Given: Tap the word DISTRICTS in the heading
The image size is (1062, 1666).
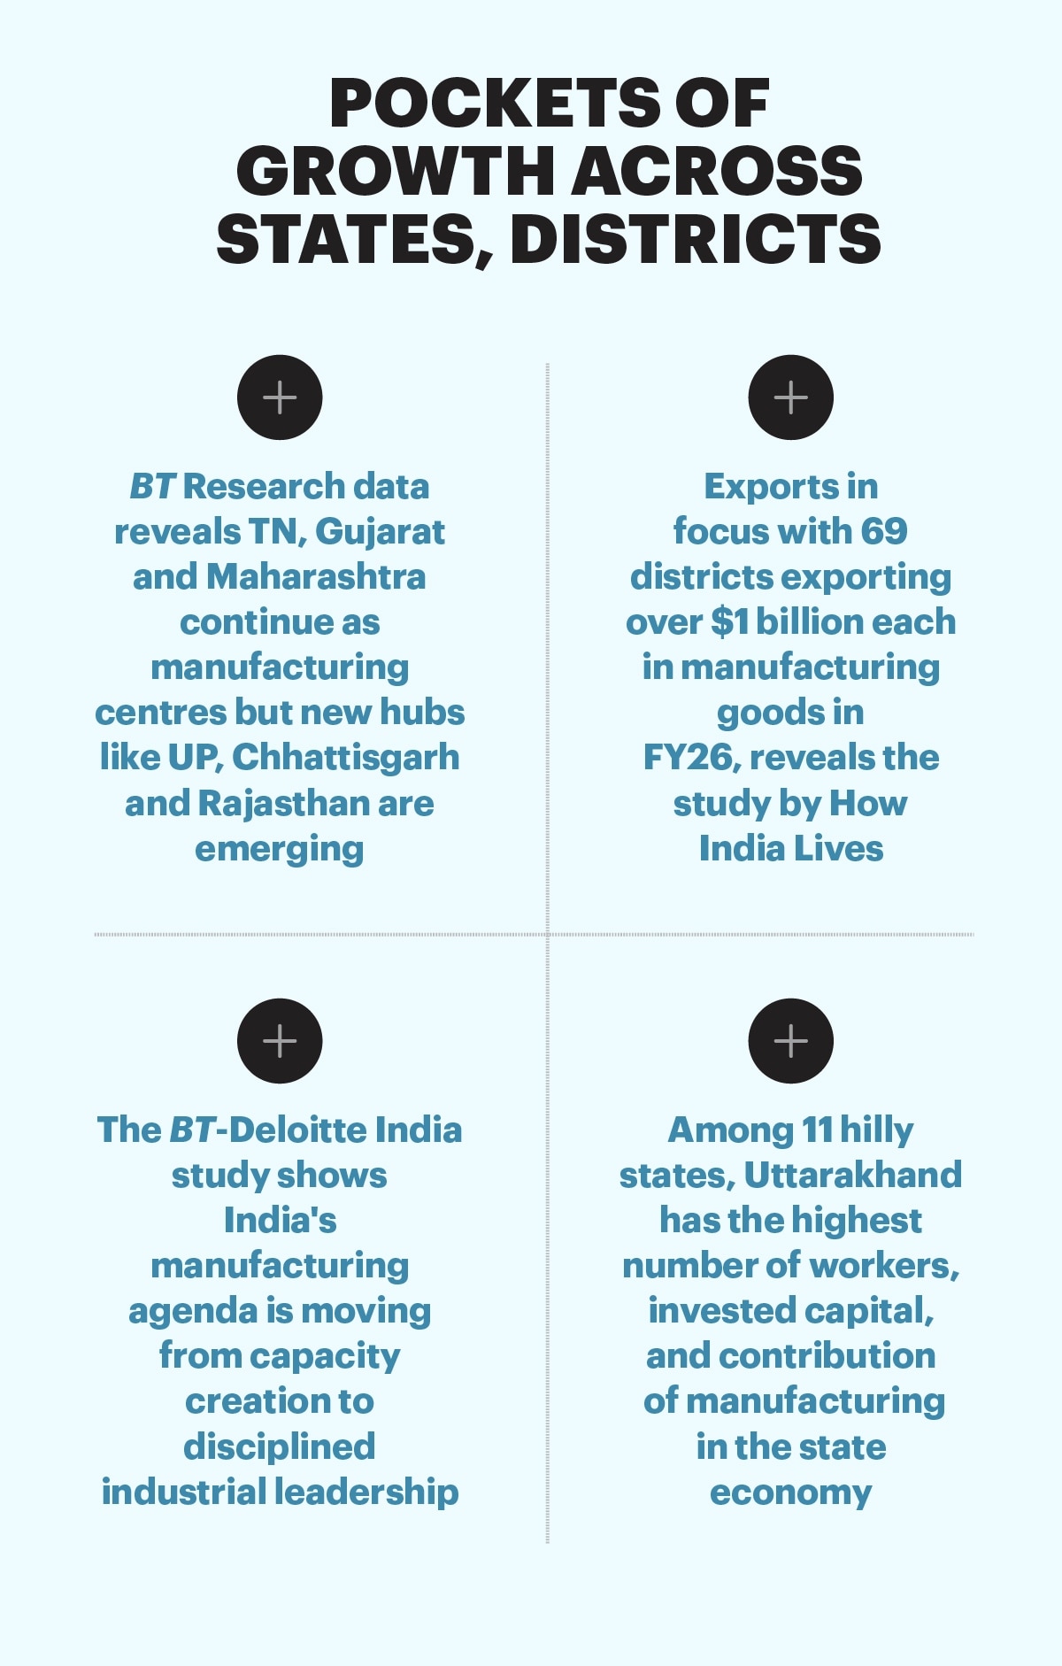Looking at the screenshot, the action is coord(696,241).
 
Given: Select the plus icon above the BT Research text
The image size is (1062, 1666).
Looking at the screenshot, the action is coord(280,397).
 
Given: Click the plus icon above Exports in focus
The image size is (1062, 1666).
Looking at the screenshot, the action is coord(791,397).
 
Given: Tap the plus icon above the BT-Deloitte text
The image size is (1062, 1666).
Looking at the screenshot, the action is coord(280,1041).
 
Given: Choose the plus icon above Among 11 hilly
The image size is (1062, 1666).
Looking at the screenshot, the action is coord(791,1041).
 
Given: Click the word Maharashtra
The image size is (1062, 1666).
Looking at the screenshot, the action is coord(316,577).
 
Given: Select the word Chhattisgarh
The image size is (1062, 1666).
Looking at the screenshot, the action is coord(346,759).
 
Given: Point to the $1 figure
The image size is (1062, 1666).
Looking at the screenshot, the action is coord(730,622).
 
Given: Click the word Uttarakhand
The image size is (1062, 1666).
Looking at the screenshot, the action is coord(853,1176).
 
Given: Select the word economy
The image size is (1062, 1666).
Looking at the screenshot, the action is coord(791,1493).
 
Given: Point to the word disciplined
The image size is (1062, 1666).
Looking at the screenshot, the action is coord(280,1447).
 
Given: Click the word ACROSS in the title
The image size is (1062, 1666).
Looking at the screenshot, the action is coord(718,172).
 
